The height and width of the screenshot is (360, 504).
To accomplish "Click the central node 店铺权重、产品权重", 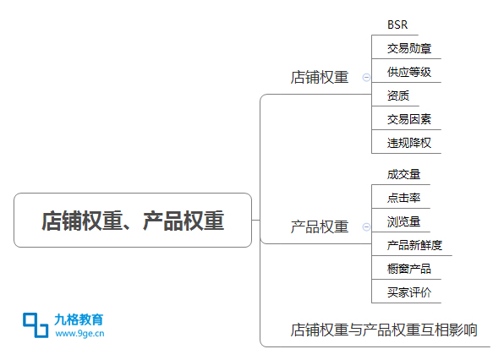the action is pyautogui.click(x=133, y=221).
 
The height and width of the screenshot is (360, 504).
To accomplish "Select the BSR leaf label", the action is pyautogui.click(x=397, y=25).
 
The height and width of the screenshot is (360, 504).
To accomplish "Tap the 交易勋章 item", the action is pyautogui.click(x=409, y=48).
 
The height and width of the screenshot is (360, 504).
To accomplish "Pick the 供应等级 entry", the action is pyautogui.click(x=409, y=72).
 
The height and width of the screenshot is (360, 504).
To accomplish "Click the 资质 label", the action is pyautogui.click(x=398, y=95).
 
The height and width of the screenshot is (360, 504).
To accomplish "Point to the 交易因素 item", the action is pyautogui.click(x=409, y=119).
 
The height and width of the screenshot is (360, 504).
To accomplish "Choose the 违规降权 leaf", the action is pyautogui.click(x=409, y=143).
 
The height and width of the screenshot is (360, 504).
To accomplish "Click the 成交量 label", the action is pyautogui.click(x=403, y=174).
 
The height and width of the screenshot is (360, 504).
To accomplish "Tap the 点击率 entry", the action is pyautogui.click(x=403, y=198).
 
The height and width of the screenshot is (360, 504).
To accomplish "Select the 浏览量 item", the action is pyautogui.click(x=403, y=221).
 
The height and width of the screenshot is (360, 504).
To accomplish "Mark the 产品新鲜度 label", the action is pyautogui.click(x=414, y=245).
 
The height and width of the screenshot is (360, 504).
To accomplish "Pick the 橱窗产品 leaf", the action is pyautogui.click(x=409, y=269).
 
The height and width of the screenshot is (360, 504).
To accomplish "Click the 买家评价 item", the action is pyautogui.click(x=409, y=292).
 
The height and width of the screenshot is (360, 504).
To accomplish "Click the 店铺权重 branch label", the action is pyautogui.click(x=320, y=78).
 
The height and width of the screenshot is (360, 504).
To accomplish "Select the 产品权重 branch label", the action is pyautogui.click(x=320, y=226).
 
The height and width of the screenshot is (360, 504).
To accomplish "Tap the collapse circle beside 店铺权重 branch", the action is pyautogui.click(x=366, y=78).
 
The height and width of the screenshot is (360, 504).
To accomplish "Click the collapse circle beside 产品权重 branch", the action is pyautogui.click(x=366, y=227).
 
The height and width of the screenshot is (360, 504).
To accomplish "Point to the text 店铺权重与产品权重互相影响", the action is pyautogui.click(x=384, y=330).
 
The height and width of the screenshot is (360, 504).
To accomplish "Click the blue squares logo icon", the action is pyautogui.click(x=36, y=325).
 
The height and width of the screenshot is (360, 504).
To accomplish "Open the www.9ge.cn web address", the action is pyautogui.click(x=79, y=334).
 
